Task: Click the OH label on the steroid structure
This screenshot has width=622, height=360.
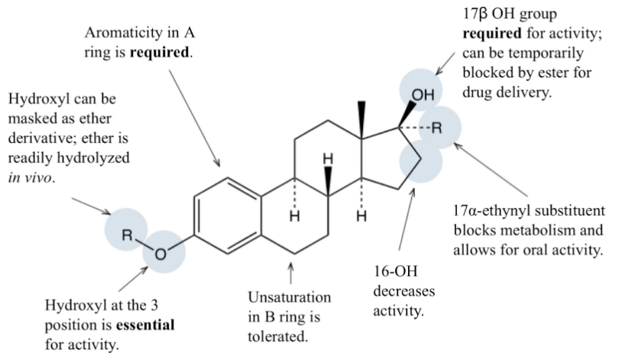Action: point(423,96)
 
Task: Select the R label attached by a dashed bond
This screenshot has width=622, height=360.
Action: point(437,128)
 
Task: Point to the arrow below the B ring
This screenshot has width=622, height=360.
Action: point(290,271)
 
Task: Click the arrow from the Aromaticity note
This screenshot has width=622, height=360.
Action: point(191,115)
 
